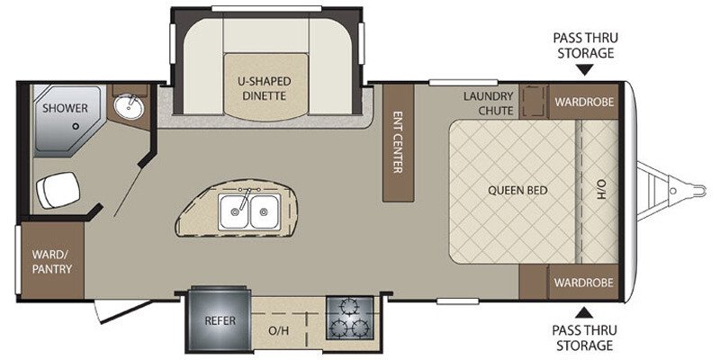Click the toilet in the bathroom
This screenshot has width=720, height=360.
coord(58,190)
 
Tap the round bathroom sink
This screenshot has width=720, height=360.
coord(129,107)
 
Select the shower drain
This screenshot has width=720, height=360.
coord(76,126)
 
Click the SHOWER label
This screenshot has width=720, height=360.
coord(65,108)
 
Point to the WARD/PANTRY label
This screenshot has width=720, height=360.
coord(52,261)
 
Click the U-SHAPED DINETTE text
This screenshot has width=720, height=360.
coord(264,88)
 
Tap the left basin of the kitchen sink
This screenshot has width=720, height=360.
coord(234,211)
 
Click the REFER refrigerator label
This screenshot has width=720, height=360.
coord(220,320)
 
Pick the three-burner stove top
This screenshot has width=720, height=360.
coord(349,318)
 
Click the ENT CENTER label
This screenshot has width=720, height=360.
coord(398,142)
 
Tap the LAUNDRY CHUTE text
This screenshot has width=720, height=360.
coord(488,103)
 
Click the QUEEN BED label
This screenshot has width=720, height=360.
coord(517,190)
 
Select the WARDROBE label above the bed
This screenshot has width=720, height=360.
coord(583,102)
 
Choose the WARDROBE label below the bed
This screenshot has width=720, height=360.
coord(583,282)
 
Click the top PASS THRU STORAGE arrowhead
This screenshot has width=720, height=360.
coord(584,70)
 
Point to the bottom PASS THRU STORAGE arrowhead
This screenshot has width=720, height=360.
coord(583,313)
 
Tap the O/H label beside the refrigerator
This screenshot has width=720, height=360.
coord(279,330)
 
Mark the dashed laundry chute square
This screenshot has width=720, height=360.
coord(534,101)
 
